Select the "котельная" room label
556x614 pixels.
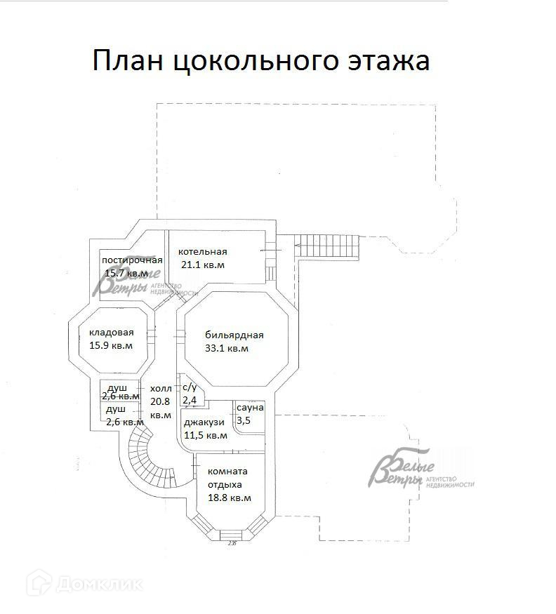click(x=202, y=252)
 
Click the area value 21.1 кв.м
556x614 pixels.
click(x=202, y=265)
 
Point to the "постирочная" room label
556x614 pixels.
click(x=132, y=260)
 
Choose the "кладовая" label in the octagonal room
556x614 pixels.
click(x=111, y=333)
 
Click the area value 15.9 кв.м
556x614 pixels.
click(x=111, y=346)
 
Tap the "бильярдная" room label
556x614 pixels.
click(x=234, y=335)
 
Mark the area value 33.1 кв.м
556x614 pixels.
click(x=227, y=348)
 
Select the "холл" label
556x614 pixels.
click(x=161, y=389)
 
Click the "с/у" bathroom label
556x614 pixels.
click(x=190, y=387)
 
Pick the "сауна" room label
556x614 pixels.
click(x=250, y=408)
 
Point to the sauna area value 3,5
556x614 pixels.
click(x=244, y=420)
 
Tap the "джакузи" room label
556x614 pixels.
click(x=204, y=422)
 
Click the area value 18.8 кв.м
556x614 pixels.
click(x=230, y=498)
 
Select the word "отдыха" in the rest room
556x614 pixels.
click(x=225, y=484)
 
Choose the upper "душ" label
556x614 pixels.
click(x=117, y=387)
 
